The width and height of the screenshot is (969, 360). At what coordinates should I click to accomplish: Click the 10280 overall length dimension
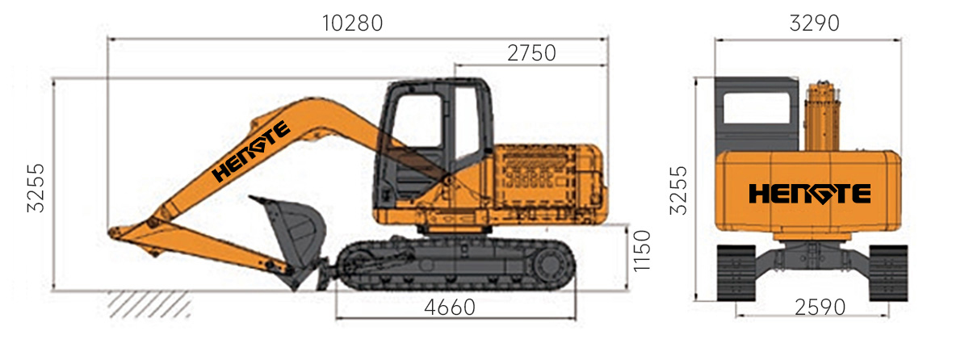pos(353,23)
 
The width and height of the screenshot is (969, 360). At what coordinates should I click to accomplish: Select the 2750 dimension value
pos(531,53)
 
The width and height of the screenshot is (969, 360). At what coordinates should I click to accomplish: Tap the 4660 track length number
pos(450,308)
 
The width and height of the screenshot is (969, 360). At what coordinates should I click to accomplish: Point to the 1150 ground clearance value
pos(642,251)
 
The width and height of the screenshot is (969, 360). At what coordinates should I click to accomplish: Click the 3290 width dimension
pos(814,23)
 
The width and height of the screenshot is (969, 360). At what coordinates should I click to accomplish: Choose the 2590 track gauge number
pos(820,308)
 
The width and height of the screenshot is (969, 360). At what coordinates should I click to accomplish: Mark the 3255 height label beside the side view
pos(36,188)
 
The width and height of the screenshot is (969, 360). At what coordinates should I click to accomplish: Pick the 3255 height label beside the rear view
pos(678,190)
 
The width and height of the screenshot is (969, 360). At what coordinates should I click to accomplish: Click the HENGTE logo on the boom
pos(251,150)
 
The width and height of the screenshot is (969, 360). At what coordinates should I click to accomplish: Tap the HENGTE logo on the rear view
pos(810,193)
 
